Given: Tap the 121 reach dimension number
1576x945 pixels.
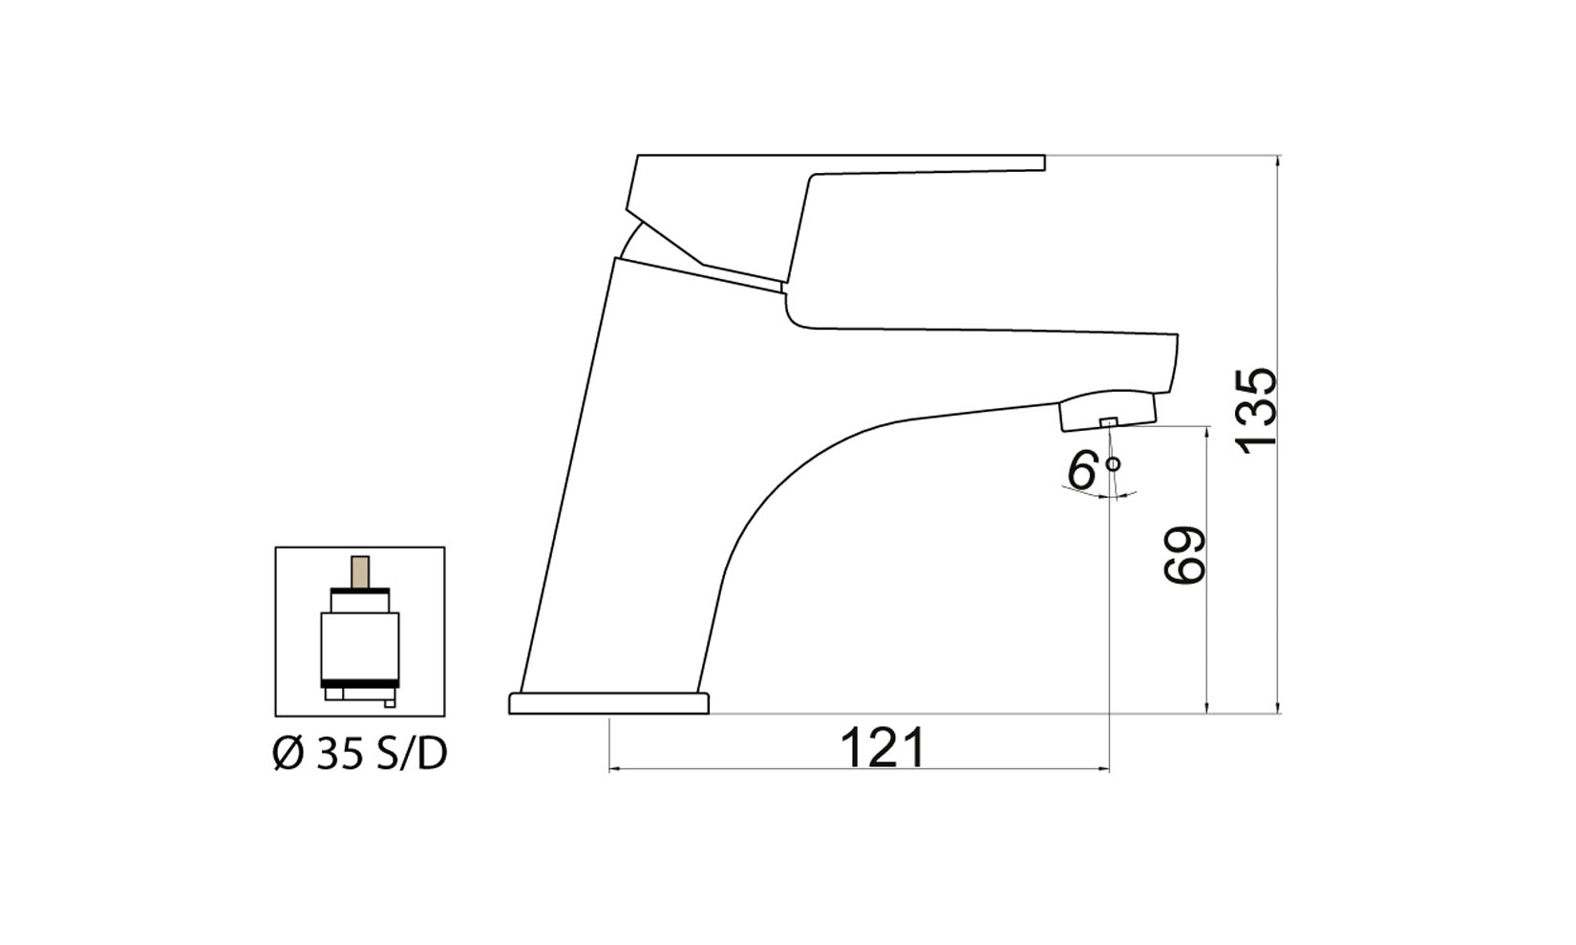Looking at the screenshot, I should pyautogui.click(x=883, y=748).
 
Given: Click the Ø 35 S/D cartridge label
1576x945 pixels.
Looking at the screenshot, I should pyautogui.click(x=360, y=755).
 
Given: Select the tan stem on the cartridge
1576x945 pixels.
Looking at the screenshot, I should pyautogui.click(x=360, y=571).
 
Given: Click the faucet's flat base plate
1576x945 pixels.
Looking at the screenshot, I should pyautogui.click(x=608, y=704).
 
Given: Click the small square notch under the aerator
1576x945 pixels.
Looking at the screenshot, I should pyautogui.click(x=1108, y=422).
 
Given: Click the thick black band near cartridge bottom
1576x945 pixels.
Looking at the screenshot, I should pyautogui.click(x=359, y=682).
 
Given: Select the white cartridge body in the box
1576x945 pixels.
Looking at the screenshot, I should pyautogui.click(x=359, y=645).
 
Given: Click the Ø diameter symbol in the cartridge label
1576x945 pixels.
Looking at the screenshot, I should pyautogui.click(x=288, y=755).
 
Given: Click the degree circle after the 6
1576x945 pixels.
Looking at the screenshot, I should pyautogui.click(x=1113, y=464).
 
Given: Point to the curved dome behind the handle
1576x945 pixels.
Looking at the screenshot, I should pyautogui.click(x=632, y=239).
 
